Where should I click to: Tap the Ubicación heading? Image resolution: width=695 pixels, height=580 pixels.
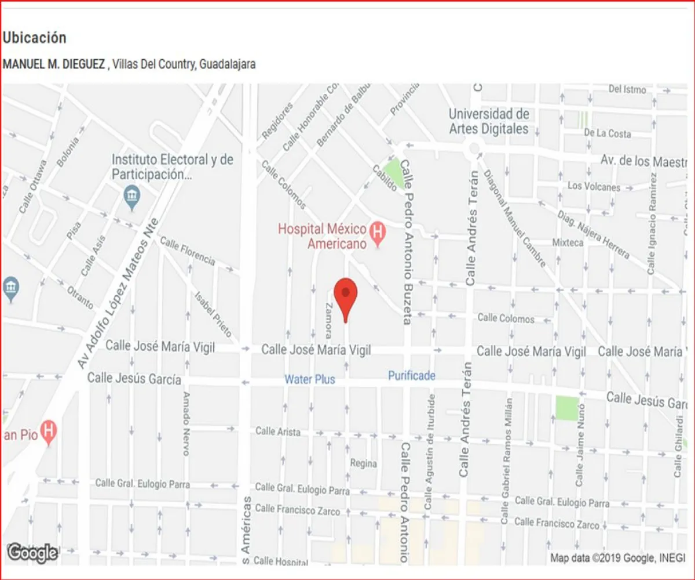click(x=35, y=38)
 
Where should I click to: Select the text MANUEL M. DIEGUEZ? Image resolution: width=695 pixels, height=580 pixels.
click(x=54, y=64)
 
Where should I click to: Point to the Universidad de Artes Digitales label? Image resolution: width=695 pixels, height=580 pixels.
click(x=489, y=121)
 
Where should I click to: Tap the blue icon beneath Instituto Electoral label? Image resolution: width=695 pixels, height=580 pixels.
click(x=132, y=197)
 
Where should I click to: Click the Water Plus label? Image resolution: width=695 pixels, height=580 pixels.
click(x=309, y=379)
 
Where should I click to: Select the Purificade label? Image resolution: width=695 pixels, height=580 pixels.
click(x=411, y=376)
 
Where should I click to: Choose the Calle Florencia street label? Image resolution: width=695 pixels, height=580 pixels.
click(x=187, y=251)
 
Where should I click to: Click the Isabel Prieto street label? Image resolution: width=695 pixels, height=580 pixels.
click(x=214, y=313)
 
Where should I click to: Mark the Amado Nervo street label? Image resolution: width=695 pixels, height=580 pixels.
click(x=186, y=423)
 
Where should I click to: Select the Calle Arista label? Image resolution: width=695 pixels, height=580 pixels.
click(x=278, y=432)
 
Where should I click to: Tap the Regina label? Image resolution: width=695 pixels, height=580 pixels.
click(x=363, y=463)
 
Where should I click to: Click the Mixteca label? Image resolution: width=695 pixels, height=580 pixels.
click(x=568, y=242)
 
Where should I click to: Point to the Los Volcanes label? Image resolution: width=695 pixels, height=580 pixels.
click(x=594, y=186)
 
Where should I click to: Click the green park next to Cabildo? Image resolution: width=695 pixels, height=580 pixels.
click(x=394, y=170)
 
